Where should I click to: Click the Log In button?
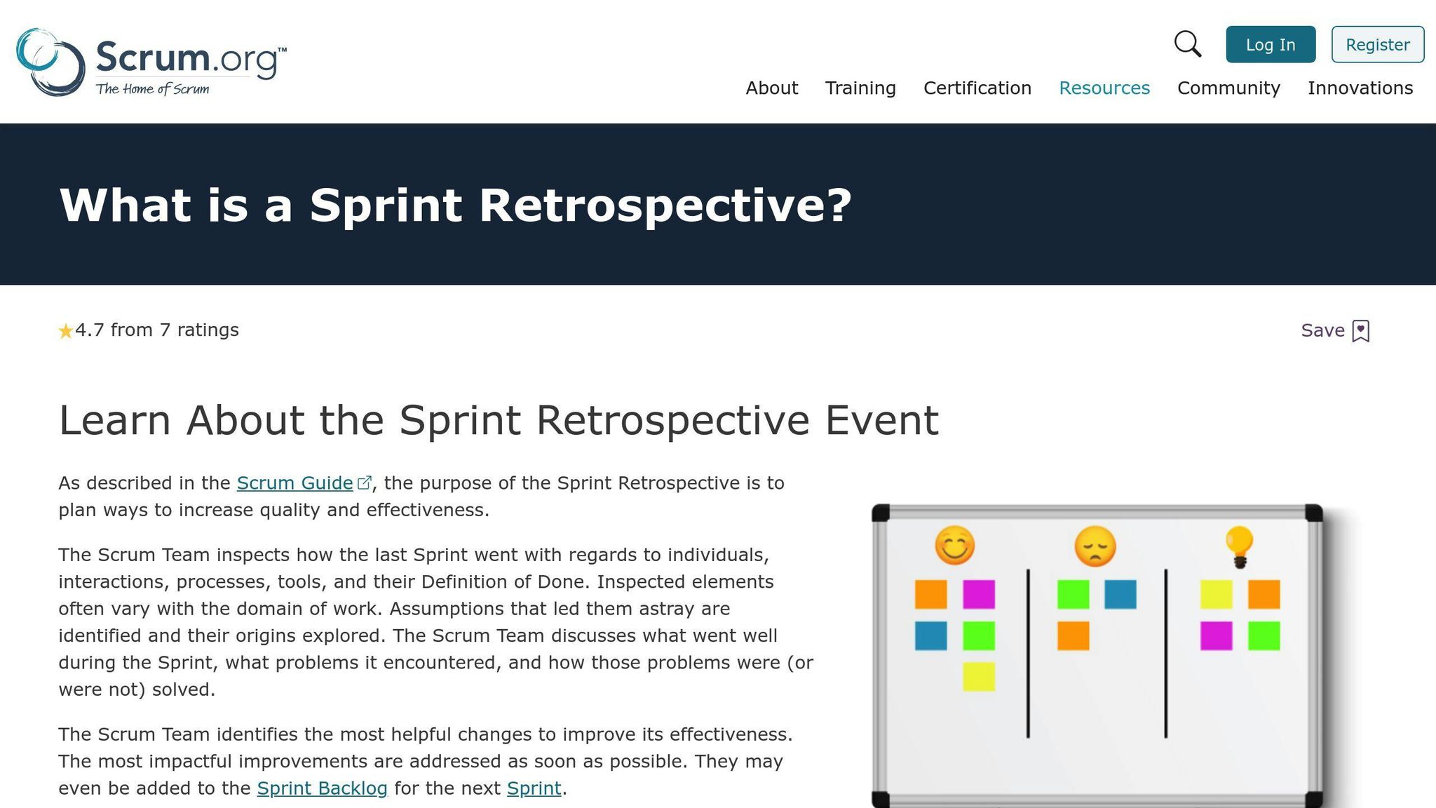1270,45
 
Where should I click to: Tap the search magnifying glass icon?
1187,44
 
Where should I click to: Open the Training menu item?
860,88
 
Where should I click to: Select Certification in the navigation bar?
977,88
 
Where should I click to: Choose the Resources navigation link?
1104,88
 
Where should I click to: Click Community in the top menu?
1228,88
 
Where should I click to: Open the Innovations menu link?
1360,88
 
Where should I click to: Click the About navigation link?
771,88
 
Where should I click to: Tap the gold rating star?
65,331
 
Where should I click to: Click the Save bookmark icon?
1360,331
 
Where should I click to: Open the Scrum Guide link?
294,483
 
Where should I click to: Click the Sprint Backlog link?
322,788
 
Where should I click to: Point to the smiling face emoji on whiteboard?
954,545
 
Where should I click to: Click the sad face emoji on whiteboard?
1095,546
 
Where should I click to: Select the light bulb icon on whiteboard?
1239,546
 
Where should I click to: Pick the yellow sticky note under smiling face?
978,677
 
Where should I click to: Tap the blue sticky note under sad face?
1120,594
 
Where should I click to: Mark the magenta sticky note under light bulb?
1216,636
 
